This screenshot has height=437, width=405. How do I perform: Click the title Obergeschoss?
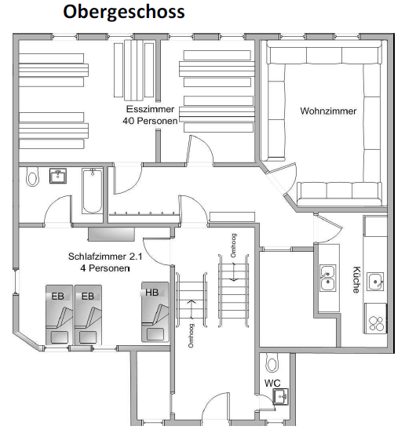(124, 12)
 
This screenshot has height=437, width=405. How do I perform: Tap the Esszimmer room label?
(150, 109)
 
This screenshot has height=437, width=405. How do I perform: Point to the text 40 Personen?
(150, 121)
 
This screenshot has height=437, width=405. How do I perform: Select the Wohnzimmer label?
(328, 111)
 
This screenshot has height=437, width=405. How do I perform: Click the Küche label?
(356, 279)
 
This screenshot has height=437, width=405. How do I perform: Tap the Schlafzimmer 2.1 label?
(105, 257)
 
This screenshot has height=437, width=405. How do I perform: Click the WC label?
(272, 383)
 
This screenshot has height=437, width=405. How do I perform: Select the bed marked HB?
(155, 312)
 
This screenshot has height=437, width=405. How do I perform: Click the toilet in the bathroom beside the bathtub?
(32, 177)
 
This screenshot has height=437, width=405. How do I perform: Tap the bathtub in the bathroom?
(93, 191)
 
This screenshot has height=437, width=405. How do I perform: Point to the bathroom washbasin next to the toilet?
(58, 176)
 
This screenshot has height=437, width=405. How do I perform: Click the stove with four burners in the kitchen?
(376, 319)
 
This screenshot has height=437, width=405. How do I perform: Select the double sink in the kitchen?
(327, 278)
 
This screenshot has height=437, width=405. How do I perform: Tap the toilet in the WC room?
(272, 362)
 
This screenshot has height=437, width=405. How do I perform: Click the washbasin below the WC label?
(280, 396)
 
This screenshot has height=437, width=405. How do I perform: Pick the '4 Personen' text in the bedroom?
(105, 268)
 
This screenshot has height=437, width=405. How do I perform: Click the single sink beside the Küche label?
(375, 282)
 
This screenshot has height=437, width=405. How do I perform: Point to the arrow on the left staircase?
(192, 309)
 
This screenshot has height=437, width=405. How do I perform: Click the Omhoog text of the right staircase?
(234, 246)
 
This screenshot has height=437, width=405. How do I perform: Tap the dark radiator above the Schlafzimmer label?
(111, 234)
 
